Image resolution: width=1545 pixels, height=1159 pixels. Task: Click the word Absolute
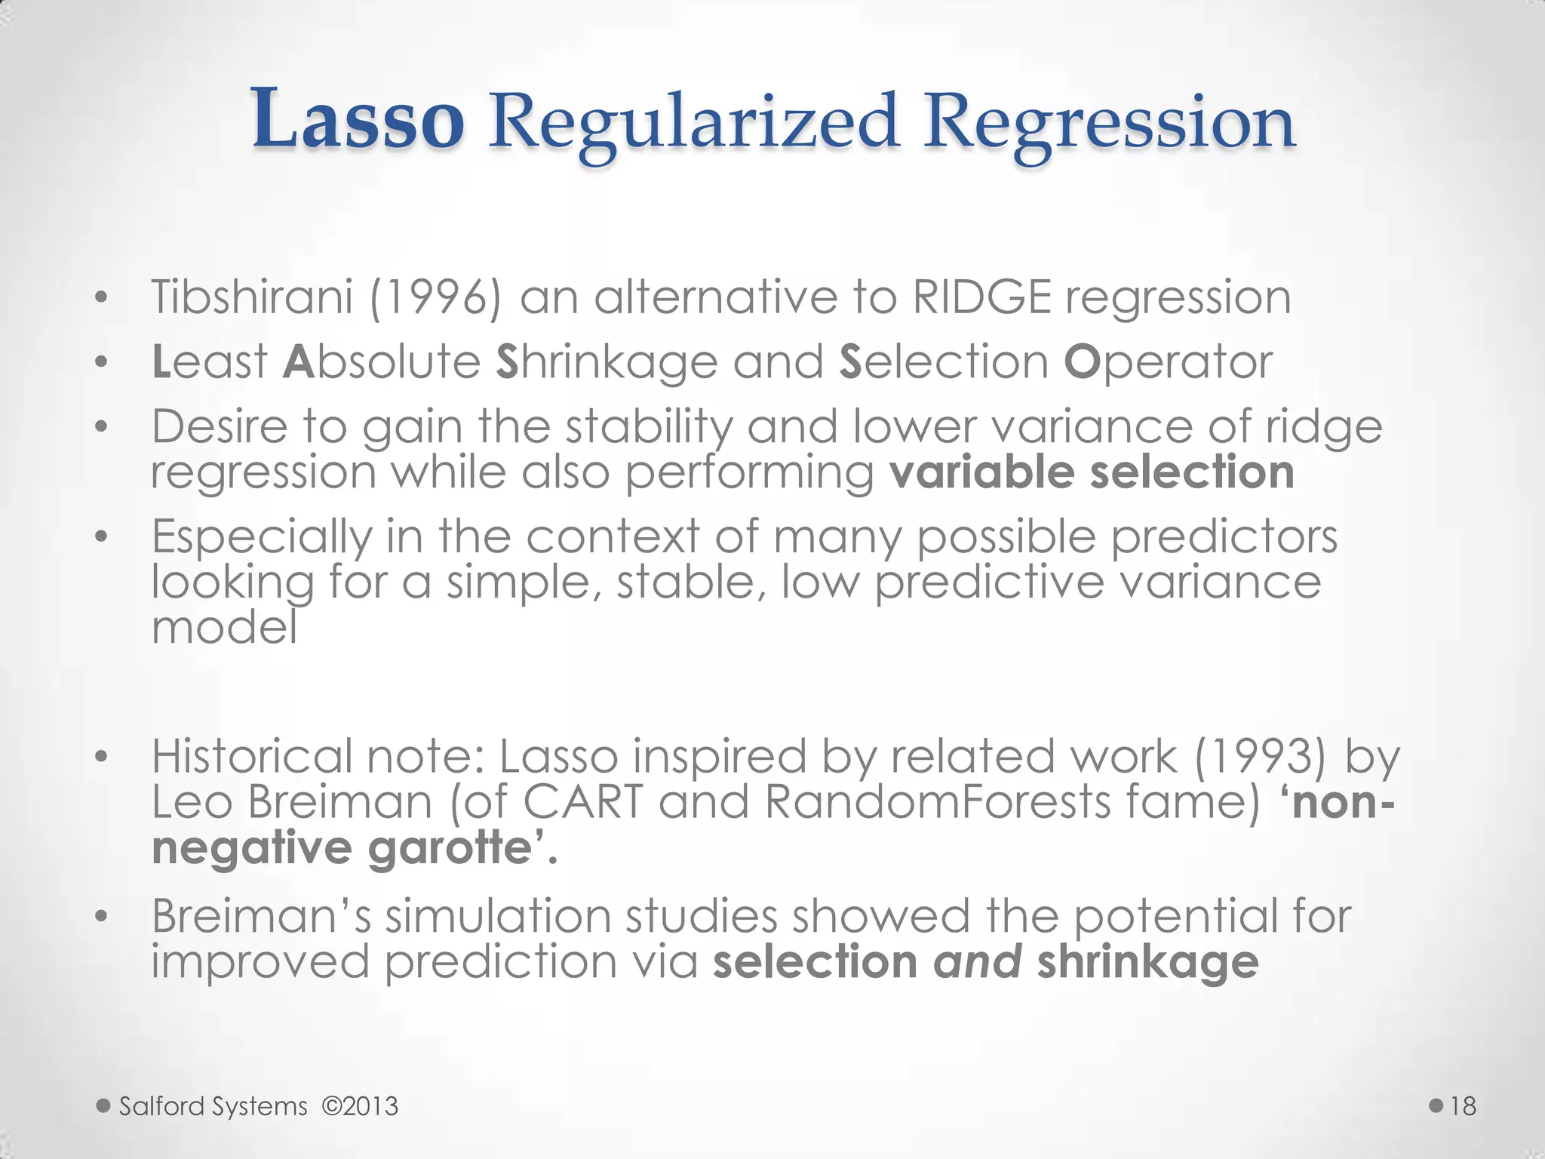382,361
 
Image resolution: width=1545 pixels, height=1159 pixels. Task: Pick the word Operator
1168,363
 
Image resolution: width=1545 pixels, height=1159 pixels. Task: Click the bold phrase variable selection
1092,472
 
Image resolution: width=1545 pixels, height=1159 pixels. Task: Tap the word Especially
262,538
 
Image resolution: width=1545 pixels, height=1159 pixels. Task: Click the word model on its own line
224,627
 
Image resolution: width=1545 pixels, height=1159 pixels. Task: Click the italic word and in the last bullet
978,962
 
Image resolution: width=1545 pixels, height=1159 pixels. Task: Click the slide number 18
1463,1106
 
